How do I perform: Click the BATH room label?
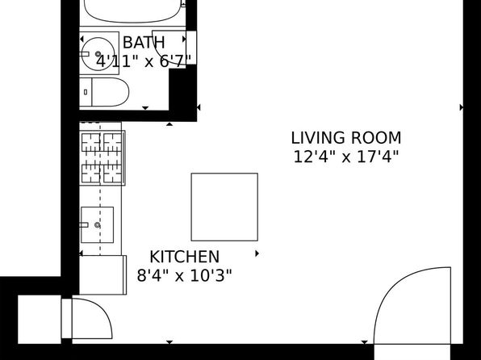click(144, 42)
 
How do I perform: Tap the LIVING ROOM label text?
click(346, 138)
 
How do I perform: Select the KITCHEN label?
click(184, 257)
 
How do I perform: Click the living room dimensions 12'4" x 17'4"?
click(346, 157)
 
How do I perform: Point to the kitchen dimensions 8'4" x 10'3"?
click(184, 275)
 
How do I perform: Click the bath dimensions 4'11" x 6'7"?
click(144, 61)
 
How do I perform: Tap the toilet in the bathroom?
click(104, 92)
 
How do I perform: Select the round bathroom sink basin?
click(98, 54)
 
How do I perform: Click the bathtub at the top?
click(132, 11)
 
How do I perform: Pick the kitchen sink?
click(97, 225)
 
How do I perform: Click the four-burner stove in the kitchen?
click(102, 158)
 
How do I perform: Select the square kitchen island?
click(224, 207)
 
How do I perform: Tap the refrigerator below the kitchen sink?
click(102, 275)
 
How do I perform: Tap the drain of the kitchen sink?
click(97, 225)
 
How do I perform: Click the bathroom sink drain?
click(98, 54)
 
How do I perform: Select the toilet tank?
click(86, 92)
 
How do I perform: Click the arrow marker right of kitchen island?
click(257, 253)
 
